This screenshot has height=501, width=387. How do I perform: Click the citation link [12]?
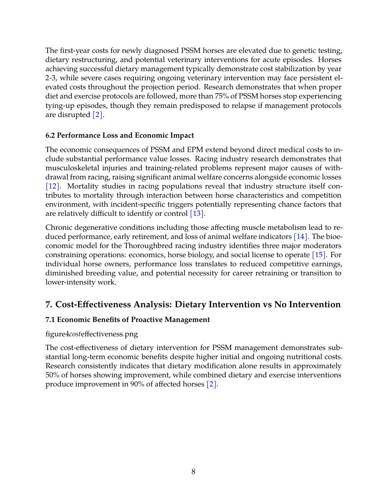click(x=53, y=186)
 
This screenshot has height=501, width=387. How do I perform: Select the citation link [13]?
click(x=197, y=213)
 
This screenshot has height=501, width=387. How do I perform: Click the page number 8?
click(x=193, y=472)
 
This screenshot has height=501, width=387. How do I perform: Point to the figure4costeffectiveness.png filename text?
click(x=92, y=334)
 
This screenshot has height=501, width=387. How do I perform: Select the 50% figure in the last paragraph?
click(x=53, y=375)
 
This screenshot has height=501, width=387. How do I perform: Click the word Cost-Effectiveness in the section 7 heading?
click(x=93, y=304)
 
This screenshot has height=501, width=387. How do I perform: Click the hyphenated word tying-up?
click(x=60, y=105)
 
